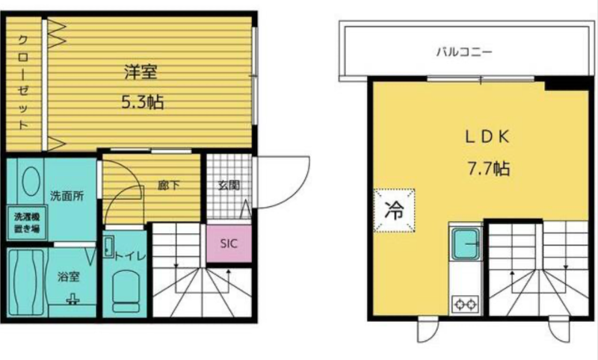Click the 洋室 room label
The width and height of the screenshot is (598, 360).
[x=141, y=72]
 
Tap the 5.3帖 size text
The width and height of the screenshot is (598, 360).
[x=143, y=102]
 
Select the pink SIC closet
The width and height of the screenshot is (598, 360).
[x=229, y=243]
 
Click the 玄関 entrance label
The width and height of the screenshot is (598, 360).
[x=229, y=185]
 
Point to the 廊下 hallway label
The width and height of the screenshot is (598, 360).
[x=169, y=185]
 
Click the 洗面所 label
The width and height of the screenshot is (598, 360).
[x=67, y=196]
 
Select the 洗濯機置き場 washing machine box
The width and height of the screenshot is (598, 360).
[x=27, y=223]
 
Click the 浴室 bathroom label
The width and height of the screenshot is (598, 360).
[x=69, y=277]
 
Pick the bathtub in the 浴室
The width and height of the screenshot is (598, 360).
[x=27, y=282]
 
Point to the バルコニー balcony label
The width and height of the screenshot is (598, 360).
[x=464, y=52]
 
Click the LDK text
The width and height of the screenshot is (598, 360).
[x=487, y=137]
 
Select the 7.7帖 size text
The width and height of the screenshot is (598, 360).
[x=489, y=168]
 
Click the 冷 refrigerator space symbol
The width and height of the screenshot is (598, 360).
[x=395, y=211]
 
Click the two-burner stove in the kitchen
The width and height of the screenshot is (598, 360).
[x=465, y=304]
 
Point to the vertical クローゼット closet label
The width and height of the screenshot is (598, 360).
[x=24, y=82]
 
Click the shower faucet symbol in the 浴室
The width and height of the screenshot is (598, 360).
[x=72, y=300]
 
